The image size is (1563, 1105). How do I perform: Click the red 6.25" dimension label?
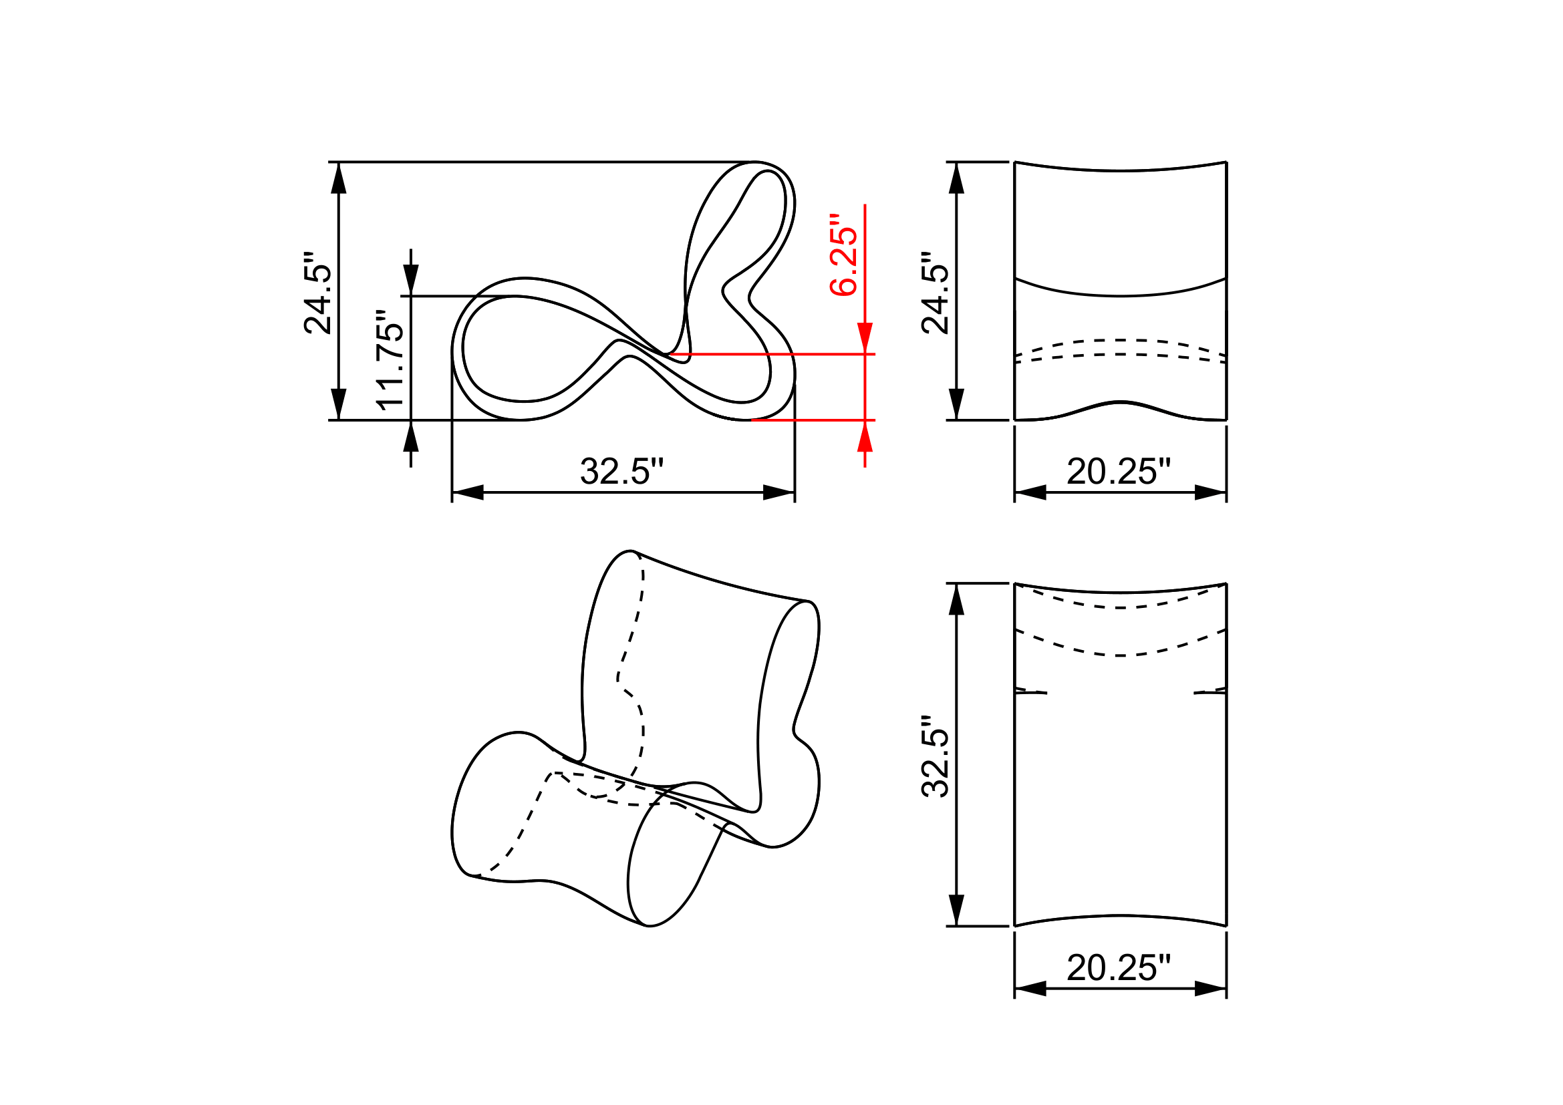843,255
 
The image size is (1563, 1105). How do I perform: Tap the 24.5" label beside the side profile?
317,293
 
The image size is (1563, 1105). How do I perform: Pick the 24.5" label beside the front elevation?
936,293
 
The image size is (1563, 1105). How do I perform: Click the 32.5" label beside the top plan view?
936,756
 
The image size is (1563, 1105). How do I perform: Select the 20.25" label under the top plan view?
1119,968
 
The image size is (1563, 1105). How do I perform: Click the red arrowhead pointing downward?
865,338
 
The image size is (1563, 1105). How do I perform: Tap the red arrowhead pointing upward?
865,436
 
